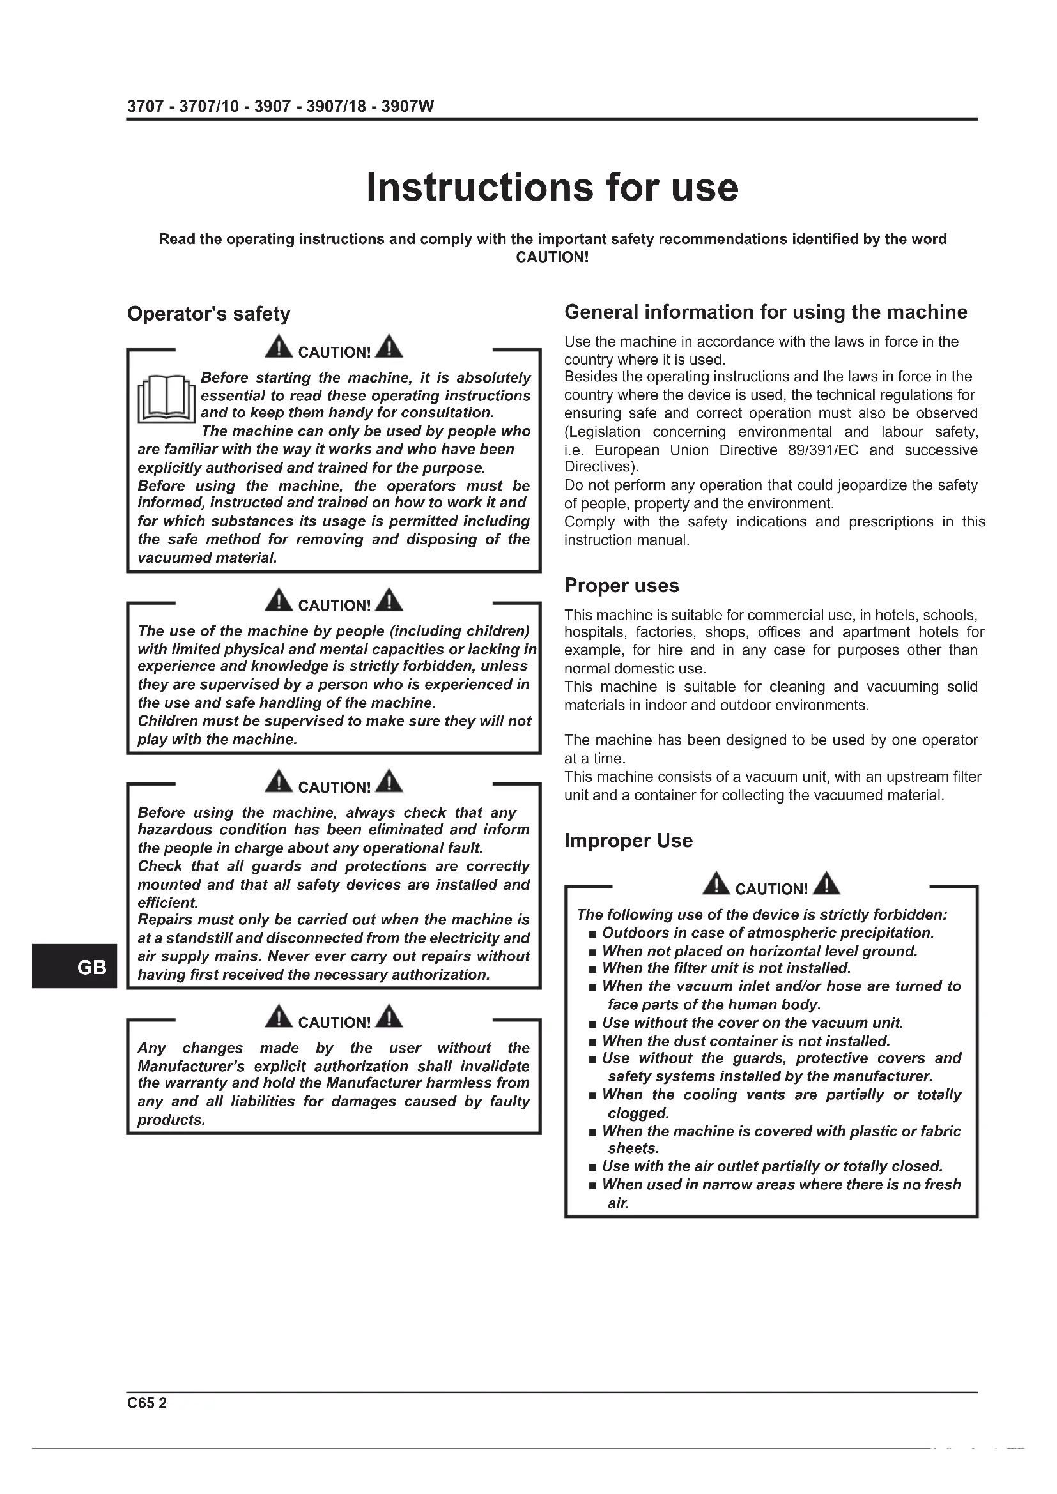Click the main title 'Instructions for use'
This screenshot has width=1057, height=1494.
coord(552,187)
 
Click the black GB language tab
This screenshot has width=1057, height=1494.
coord(73,967)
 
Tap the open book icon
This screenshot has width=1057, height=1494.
coord(166,398)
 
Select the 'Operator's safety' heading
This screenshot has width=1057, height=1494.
coord(209,314)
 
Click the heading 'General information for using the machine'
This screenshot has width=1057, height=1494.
coord(766,312)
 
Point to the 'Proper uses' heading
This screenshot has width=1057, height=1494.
coord(621,586)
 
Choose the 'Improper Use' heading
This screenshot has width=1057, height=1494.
coord(628,841)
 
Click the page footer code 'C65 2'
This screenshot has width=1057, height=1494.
coord(146,1402)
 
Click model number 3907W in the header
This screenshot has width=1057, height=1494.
coord(408,107)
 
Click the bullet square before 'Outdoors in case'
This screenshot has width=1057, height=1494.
coord(592,934)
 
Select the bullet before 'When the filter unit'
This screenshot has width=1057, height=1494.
coord(592,970)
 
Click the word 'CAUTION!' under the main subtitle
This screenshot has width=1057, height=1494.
coord(552,257)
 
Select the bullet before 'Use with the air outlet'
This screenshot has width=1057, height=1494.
coord(592,1168)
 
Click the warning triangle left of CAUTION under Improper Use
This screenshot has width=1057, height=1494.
coord(716,884)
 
